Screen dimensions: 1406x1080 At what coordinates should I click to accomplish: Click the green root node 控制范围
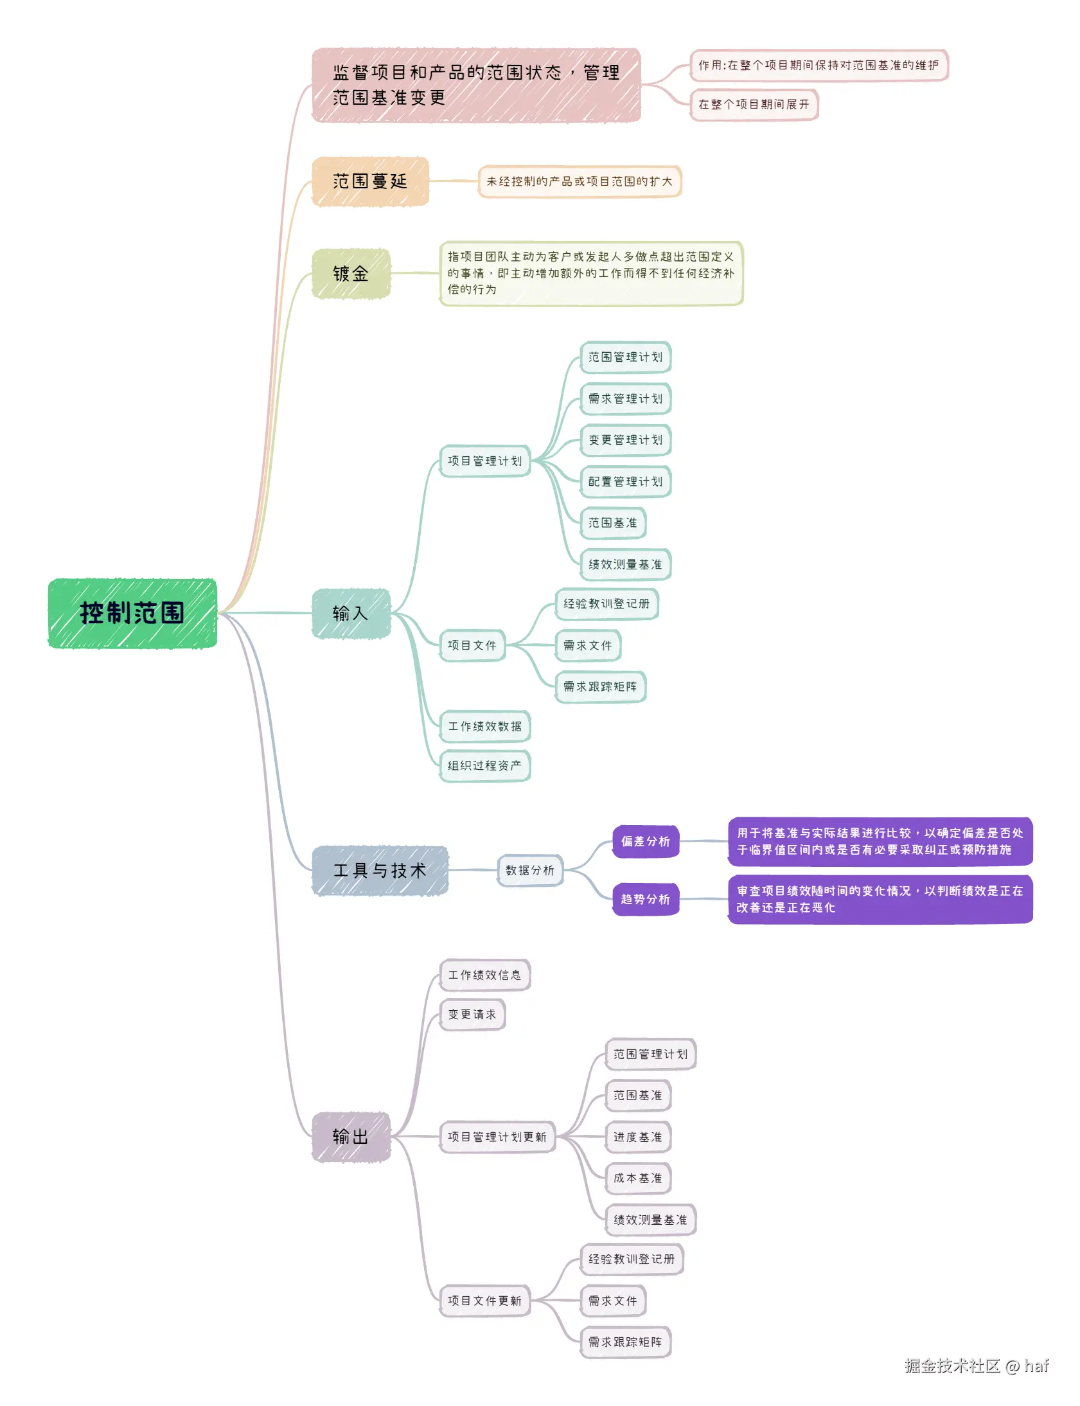[x=132, y=612]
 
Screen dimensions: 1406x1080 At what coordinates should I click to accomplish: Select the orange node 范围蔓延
[x=370, y=181]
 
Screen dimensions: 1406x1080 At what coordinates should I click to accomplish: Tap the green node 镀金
[x=351, y=273]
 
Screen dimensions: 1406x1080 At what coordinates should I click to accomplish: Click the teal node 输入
[x=351, y=612]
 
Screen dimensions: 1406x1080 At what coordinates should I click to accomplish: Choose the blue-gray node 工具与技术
[x=380, y=870]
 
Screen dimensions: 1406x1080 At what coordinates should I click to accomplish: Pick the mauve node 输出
[x=351, y=1136]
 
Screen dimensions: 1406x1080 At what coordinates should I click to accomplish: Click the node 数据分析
[x=529, y=870]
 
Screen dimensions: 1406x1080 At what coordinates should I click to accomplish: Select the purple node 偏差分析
[x=646, y=841]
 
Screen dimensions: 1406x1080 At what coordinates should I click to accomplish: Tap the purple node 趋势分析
[x=646, y=899]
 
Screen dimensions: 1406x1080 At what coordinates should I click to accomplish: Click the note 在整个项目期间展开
[x=754, y=104]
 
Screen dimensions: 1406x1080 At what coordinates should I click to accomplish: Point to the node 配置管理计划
[x=625, y=481]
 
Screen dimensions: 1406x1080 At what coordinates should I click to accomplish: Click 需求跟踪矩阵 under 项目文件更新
[x=625, y=1342]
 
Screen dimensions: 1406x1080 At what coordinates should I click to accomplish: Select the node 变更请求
[x=472, y=1014]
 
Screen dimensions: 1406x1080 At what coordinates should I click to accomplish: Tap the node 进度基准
[x=637, y=1137]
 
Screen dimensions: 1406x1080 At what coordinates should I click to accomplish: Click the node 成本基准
[x=637, y=1178]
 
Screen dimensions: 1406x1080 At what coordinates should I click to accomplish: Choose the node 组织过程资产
[x=484, y=765]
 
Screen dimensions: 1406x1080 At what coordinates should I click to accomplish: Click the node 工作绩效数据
[x=484, y=726]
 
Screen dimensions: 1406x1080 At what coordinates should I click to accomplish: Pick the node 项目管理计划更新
[x=497, y=1137]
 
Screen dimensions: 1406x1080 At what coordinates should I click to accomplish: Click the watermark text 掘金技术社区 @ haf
[x=976, y=1366]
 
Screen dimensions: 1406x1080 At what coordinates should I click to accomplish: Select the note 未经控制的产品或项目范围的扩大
[x=580, y=181]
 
